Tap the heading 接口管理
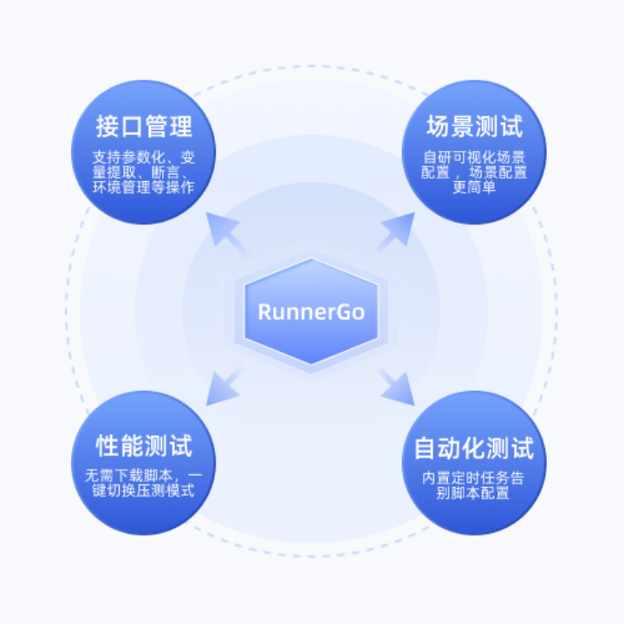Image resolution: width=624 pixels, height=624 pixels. click(144, 127)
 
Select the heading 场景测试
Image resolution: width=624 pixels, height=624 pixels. click(474, 127)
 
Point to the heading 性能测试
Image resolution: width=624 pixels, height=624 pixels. click(144, 446)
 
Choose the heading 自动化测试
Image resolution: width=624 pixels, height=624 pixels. click(474, 448)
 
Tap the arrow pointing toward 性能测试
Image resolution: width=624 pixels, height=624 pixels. click(224, 387)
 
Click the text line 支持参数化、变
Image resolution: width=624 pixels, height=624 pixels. click(144, 157)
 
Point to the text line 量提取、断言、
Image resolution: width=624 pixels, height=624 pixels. click(144, 172)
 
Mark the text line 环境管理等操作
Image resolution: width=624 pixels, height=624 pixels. click(144, 187)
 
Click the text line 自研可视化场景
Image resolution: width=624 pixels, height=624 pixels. click(474, 157)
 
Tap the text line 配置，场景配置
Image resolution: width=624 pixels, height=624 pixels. click(474, 172)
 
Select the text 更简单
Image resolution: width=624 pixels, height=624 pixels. click(474, 187)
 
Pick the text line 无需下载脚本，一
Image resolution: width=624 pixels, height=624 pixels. click(144, 476)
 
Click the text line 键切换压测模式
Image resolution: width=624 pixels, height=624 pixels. click(144, 491)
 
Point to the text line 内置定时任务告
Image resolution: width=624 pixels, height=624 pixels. click(474, 478)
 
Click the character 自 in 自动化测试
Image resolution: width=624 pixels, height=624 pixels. click(425, 448)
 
